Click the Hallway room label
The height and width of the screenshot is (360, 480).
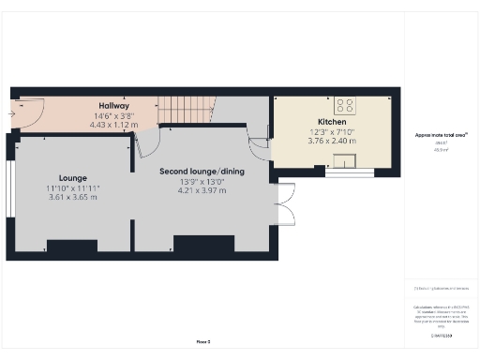pyautogui.click(x=114, y=106)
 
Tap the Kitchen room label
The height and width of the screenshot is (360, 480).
pyautogui.click(x=332, y=123)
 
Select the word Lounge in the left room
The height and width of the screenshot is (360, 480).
pyautogui.click(x=73, y=177)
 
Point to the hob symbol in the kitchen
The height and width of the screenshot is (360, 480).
pyautogui.click(x=344, y=106)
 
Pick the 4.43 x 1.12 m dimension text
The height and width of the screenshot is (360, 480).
pyautogui.click(x=114, y=125)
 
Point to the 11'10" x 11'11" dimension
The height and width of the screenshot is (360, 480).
pyautogui.click(x=73, y=188)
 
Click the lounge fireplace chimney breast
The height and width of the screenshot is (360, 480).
pyautogui.click(x=72, y=247)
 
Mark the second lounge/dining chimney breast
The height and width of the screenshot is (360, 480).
pyautogui.click(x=203, y=244)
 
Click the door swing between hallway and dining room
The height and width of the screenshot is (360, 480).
pyautogui.click(x=145, y=142)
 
